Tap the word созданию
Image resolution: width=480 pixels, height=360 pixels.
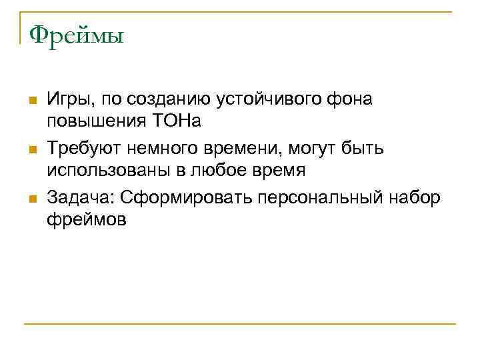[x=164, y=99]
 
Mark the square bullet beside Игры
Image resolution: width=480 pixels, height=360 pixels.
[x=31, y=101]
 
